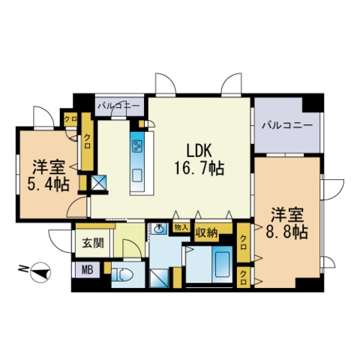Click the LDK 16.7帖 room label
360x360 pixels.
pos(199,159)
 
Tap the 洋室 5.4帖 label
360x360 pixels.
pos(48,176)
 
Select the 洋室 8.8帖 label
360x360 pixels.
pos(286,223)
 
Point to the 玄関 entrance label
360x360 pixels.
pos(93,243)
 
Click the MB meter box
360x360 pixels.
pos(88,270)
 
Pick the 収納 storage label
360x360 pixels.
pos(206,233)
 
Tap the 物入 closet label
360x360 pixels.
pos(181,227)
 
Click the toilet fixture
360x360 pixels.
pos(121,274)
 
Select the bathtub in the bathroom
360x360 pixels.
pos(223,264)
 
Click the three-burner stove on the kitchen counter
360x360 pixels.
pos(137,146)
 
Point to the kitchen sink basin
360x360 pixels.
pos(137,175)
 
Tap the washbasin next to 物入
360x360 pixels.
pos(159,229)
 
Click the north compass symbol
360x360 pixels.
pos(40,272)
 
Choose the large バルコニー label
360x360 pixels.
pos(287,125)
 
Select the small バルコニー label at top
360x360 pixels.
pos(118,105)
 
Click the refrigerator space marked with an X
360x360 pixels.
pos(98,183)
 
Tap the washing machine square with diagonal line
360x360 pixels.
pos(159,278)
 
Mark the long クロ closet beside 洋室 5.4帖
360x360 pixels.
pos(87,142)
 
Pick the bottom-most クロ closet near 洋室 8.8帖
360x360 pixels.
pos(244,277)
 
